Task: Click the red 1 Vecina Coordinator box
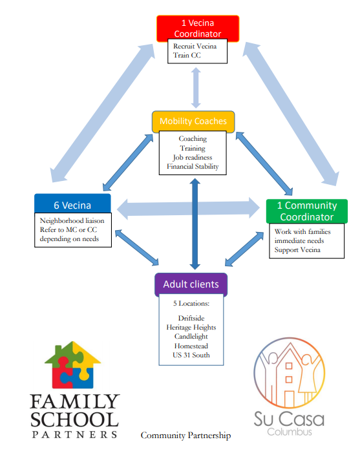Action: (x=198, y=28)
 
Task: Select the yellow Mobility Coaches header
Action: (x=193, y=121)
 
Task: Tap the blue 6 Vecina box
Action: (x=72, y=204)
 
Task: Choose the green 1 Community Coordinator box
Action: (x=307, y=211)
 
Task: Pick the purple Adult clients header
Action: (x=191, y=284)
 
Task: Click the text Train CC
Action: (x=187, y=55)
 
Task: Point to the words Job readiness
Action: (x=193, y=158)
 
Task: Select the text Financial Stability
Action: (x=193, y=167)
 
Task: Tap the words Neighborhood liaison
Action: (x=72, y=221)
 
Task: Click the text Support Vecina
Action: (x=297, y=250)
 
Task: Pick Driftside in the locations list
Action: (x=191, y=318)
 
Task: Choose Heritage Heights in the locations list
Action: (x=191, y=328)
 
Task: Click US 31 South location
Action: (x=191, y=355)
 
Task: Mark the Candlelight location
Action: (x=191, y=337)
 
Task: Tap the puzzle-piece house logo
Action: (x=73, y=365)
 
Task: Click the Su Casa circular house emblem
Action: (x=289, y=373)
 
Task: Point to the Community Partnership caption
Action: (x=185, y=436)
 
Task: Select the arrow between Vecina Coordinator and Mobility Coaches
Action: (x=196, y=88)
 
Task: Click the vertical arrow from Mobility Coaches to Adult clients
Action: (x=195, y=224)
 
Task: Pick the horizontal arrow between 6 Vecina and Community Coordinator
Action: (x=188, y=208)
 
